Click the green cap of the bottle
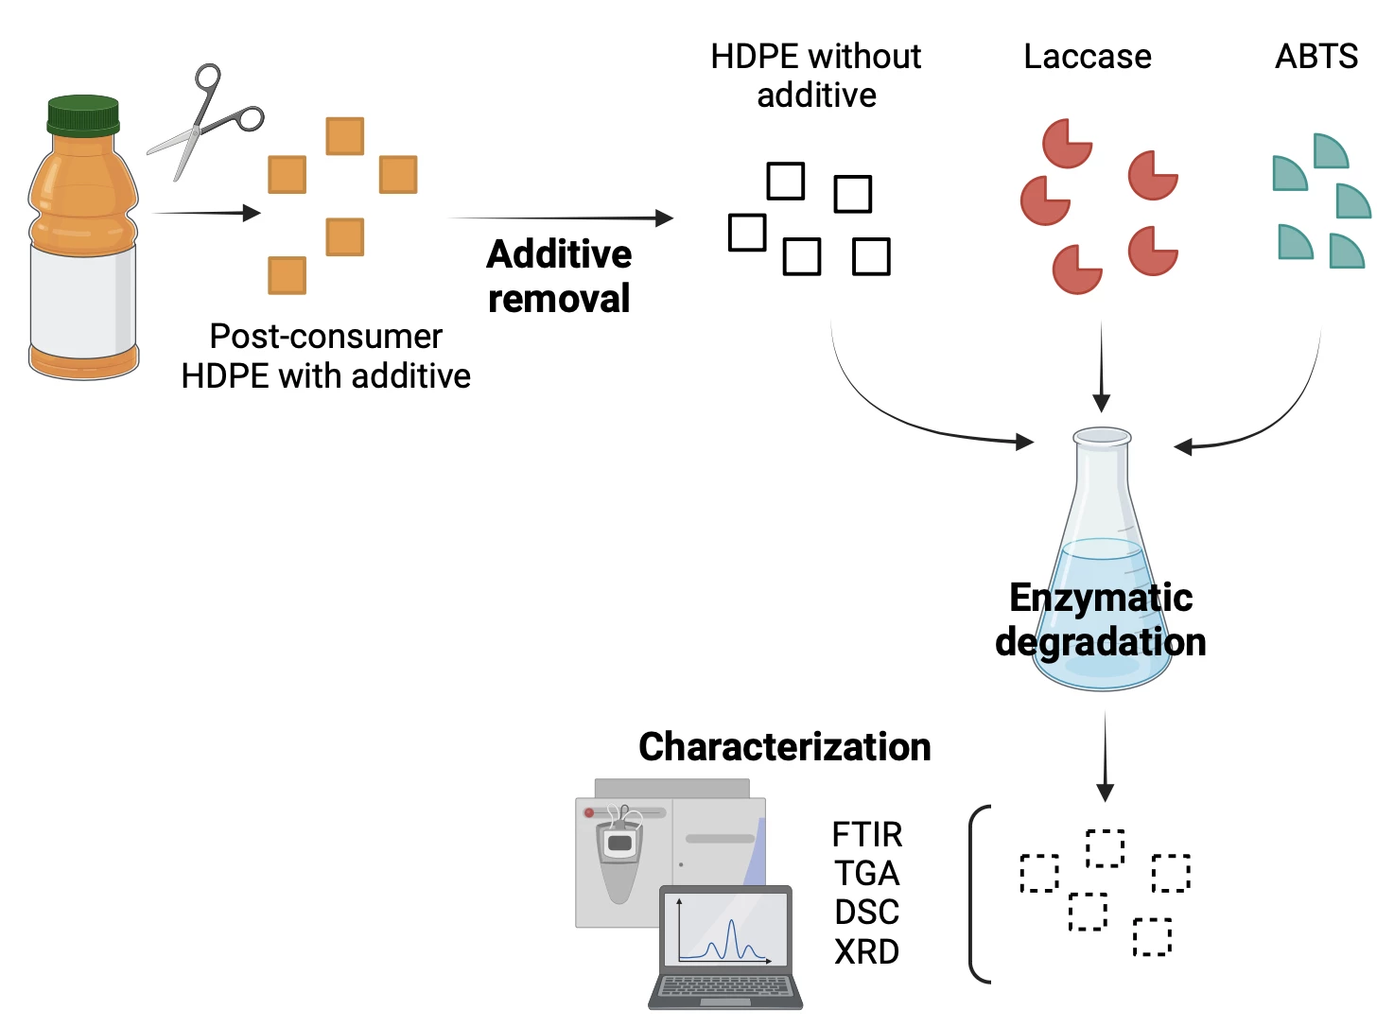[83, 114]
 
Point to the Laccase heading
[1088, 57]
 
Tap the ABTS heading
[1316, 57]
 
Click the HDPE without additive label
[815, 76]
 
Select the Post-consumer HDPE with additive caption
[325, 357]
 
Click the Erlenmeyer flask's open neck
[1102, 438]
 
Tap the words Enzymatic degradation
[1101, 619]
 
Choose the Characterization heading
[784, 747]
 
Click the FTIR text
[866, 835]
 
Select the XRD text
[866, 951]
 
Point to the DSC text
[866, 913]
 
